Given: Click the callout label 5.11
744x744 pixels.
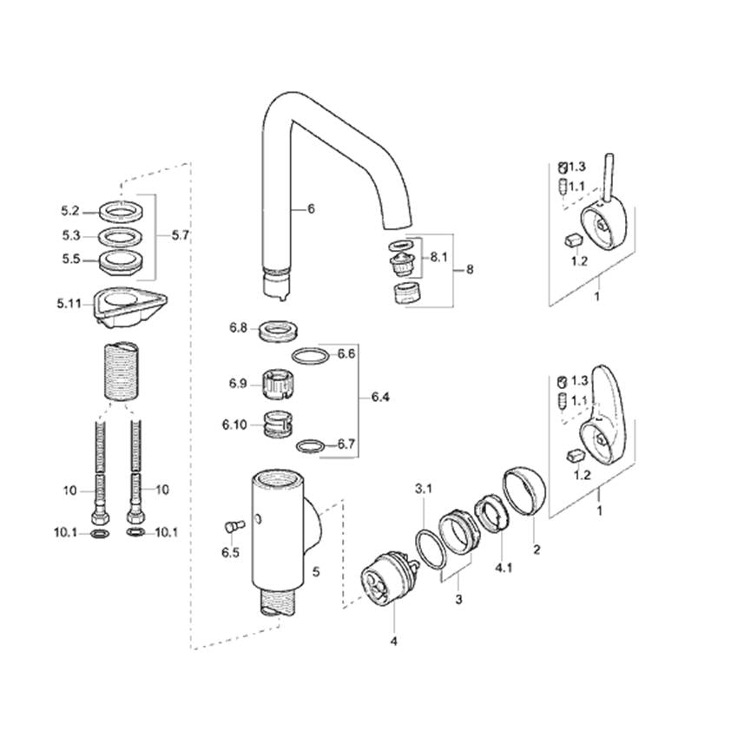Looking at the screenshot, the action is tap(69, 303).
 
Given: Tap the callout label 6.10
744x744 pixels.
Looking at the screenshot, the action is tap(234, 425).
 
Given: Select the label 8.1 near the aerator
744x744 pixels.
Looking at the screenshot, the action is tap(438, 257).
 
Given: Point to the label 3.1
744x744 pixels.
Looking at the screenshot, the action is tap(424, 488).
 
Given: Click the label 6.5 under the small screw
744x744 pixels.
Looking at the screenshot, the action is tap(231, 553).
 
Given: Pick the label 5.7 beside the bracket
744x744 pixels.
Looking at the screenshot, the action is tap(181, 235).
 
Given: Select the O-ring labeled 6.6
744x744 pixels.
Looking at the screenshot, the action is tap(310, 356).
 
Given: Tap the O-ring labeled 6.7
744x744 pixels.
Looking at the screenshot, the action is tap(310, 446).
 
